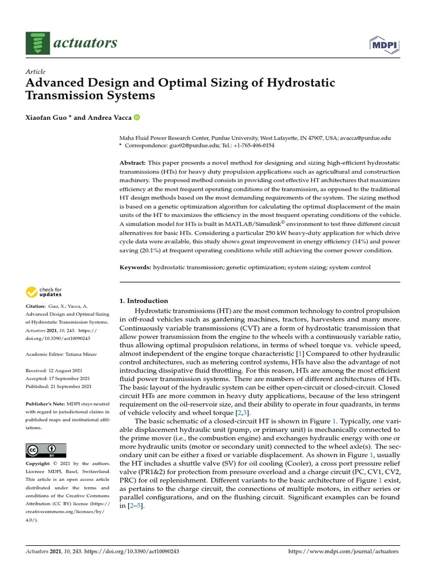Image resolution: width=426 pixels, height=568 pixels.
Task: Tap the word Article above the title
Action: (35, 72)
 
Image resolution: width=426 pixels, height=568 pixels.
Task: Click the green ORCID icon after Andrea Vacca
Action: (137, 118)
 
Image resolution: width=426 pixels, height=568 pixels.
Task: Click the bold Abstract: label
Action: (133, 163)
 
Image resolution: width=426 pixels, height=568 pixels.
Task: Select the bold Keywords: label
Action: (136, 267)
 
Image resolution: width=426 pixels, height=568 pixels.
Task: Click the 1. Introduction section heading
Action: (144, 301)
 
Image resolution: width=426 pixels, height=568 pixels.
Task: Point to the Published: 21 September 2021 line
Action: (59, 386)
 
